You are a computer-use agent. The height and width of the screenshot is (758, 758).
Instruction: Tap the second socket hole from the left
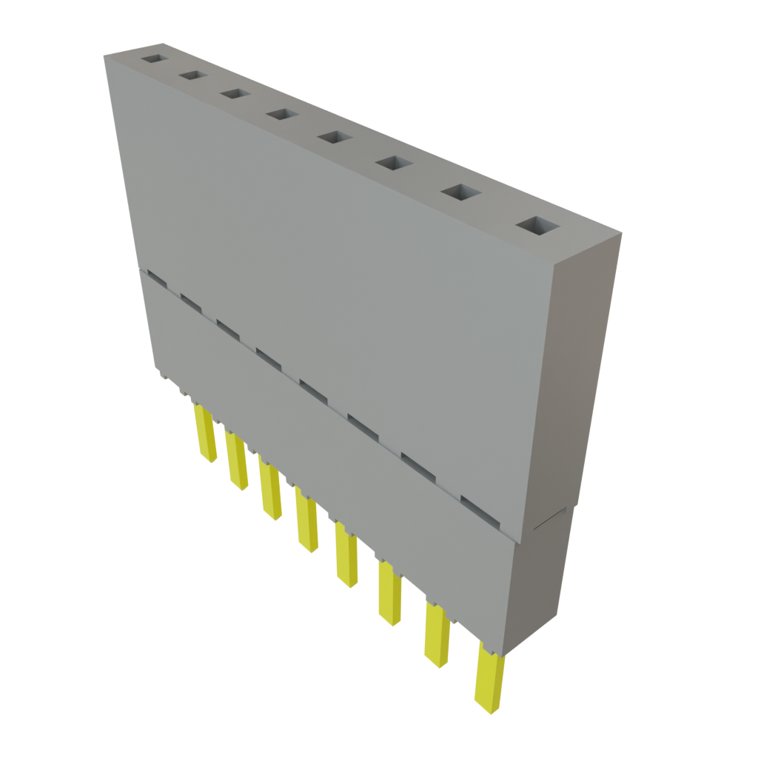(x=192, y=76)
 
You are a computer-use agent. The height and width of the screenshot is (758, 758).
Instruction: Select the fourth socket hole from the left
(x=280, y=114)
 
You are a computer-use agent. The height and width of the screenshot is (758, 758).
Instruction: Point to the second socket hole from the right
(x=460, y=192)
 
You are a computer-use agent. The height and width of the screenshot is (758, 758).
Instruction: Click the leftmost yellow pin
(x=205, y=432)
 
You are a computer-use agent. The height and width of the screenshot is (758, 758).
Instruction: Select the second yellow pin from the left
(x=236, y=460)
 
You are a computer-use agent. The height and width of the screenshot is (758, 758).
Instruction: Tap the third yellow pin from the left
(x=270, y=489)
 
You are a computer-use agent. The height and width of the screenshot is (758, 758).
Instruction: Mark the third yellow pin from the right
(x=389, y=592)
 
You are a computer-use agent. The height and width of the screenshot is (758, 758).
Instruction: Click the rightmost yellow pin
(x=489, y=677)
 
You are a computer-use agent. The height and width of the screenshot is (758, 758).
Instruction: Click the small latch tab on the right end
(x=552, y=519)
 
